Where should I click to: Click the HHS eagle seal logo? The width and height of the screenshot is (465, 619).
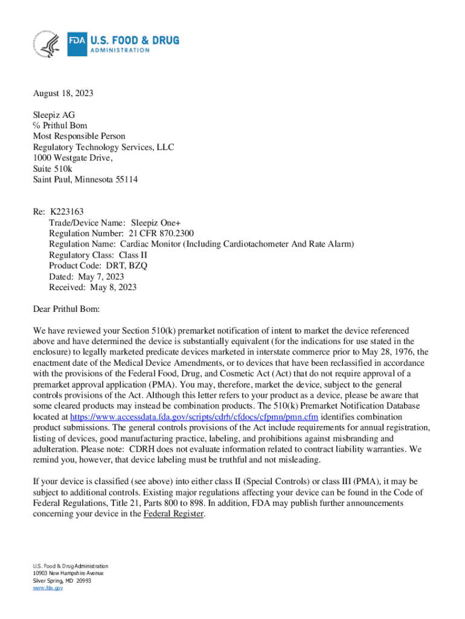coord(47,44)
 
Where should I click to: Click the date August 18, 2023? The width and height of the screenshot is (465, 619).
coord(63,94)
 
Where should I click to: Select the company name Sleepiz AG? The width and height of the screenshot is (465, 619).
coord(54,115)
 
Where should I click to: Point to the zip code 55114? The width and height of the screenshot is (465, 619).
coord(123,180)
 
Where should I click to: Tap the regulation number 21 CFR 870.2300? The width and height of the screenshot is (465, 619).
coord(161,233)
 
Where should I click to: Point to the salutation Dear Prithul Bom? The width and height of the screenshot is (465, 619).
coord(66,309)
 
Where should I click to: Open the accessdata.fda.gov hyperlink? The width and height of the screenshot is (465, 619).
coord(194,417)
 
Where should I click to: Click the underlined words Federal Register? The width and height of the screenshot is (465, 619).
coord(174,514)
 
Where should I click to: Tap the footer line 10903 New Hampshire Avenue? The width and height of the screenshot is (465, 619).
coord(68,572)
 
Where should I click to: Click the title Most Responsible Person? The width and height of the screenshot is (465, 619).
coord(79,137)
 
